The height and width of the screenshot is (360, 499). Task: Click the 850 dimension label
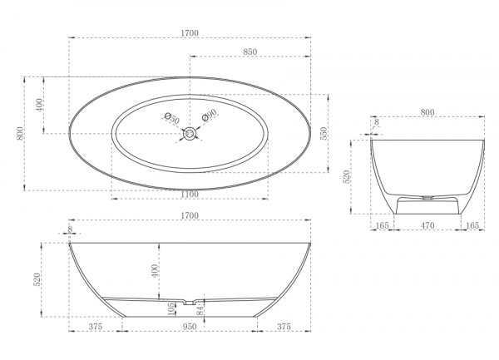click(x=250, y=52)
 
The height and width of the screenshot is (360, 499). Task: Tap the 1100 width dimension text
click(x=190, y=194)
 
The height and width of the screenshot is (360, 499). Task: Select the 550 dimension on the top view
click(x=324, y=134)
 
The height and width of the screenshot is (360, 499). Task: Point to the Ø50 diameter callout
click(x=172, y=118)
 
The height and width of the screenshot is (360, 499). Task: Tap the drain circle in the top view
click(x=190, y=134)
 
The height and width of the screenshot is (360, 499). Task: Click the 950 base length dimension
click(x=190, y=326)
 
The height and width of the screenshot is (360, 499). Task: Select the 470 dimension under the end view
click(x=427, y=225)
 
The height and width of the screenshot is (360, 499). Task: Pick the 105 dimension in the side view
click(x=170, y=308)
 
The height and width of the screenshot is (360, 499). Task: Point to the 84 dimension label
click(x=200, y=310)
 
